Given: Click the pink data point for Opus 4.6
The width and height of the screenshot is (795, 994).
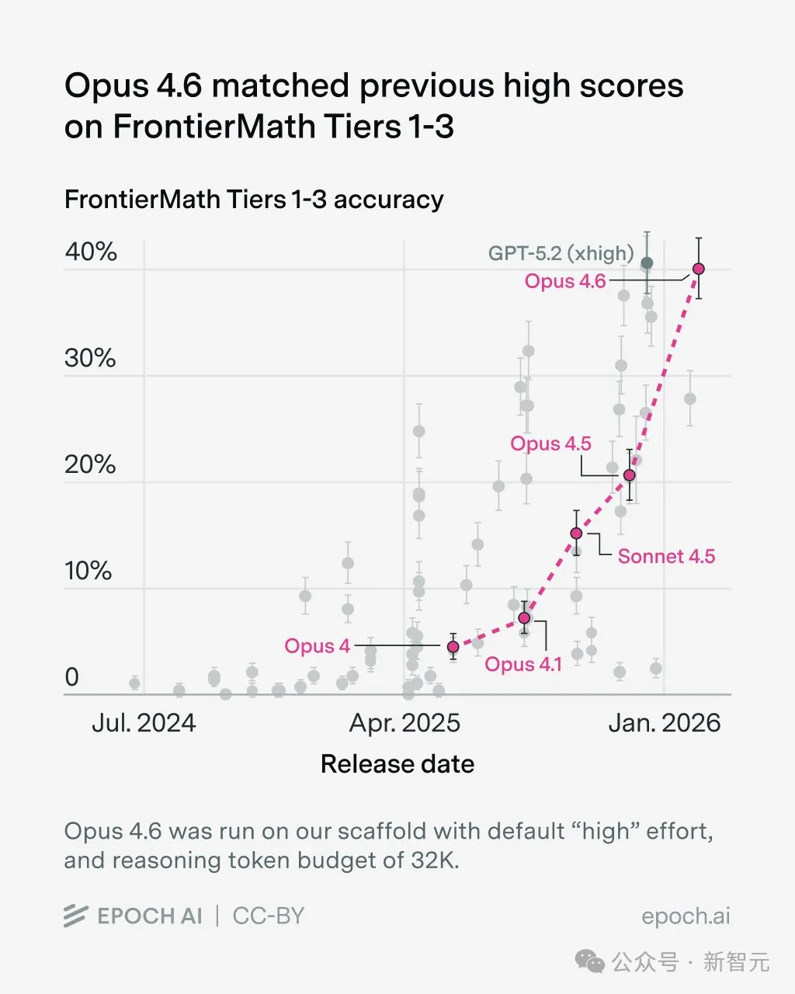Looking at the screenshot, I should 698,269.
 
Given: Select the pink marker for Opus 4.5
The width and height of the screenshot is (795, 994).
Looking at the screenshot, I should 630,475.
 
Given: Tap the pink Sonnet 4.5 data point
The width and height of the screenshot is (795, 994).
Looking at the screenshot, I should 576,533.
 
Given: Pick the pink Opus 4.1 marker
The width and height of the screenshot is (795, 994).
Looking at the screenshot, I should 524,618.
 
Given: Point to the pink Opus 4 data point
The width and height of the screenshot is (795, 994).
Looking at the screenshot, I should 453,647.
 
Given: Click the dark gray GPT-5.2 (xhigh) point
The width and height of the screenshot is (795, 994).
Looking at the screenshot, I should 647,263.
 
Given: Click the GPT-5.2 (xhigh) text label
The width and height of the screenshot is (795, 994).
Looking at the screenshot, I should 561,253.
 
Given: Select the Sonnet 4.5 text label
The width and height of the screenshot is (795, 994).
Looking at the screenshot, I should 666,556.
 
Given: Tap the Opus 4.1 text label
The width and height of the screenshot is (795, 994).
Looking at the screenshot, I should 522,665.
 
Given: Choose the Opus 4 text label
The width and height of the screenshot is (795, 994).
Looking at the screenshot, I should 317,646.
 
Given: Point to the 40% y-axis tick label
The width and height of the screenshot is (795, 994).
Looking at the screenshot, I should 91,252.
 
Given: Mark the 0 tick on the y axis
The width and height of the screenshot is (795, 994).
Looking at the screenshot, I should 72,677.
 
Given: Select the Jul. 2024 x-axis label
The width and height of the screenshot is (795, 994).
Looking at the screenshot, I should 144,723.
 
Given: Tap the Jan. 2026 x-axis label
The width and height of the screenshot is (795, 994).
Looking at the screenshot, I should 665,723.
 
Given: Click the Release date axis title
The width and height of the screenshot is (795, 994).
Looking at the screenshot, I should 397,764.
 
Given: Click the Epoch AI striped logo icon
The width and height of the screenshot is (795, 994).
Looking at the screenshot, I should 75,916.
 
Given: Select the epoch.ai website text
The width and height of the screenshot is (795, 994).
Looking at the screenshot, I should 686,916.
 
